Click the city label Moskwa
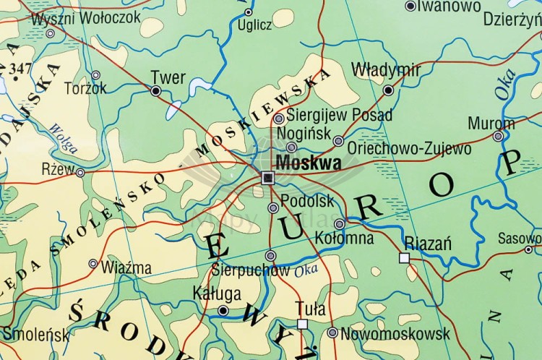click(309, 163)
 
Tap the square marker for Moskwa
click(268, 178)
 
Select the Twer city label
click(168, 77)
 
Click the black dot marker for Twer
click(155, 91)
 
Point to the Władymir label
click(385, 70)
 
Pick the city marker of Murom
click(498, 136)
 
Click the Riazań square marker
click(404, 257)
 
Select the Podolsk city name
click(307, 201)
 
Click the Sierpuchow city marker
click(270, 256)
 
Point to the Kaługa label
click(217, 293)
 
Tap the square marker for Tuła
click(302, 324)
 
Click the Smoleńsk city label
click(36, 334)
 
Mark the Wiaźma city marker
click(93, 264)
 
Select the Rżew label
click(58, 169)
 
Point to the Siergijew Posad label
click(339, 115)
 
